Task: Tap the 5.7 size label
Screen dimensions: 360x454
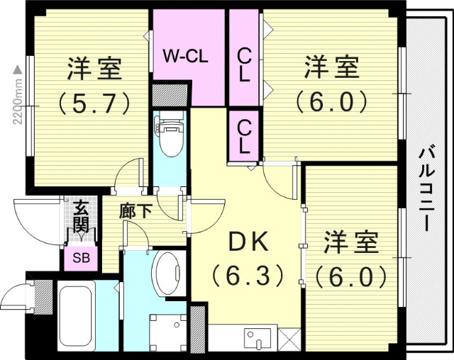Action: [94, 103]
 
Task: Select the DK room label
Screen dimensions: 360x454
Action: [248, 242]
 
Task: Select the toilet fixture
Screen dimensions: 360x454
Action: [170, 136]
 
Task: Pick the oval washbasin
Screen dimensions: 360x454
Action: [170, 272]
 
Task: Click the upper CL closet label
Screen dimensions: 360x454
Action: [244, 65]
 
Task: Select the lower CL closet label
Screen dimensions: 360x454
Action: [244, 137]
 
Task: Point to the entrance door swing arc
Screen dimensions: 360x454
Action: [35, 225]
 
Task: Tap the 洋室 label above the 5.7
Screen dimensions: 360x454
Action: [94, 70]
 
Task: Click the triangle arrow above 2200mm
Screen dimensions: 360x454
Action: [18, 69]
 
